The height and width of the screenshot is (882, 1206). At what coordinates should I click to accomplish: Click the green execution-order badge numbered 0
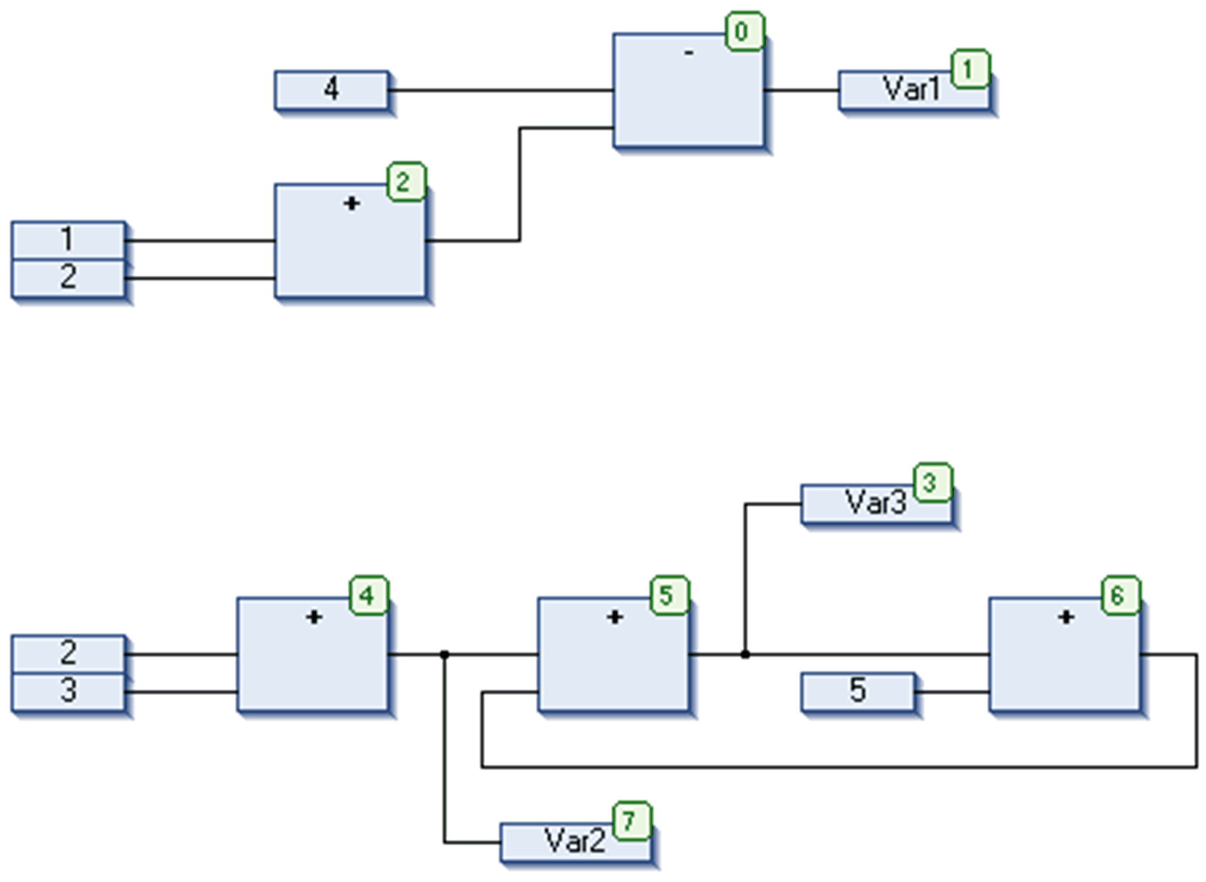point(745,31)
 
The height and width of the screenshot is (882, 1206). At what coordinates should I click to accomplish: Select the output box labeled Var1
point(914,91)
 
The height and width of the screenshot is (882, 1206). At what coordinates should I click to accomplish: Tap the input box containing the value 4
point(332,90)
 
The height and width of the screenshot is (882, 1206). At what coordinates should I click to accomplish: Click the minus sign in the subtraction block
point(688,53)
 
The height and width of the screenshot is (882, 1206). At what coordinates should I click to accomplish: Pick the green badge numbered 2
point(406,182)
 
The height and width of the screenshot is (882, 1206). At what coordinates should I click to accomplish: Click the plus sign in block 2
point(351,203)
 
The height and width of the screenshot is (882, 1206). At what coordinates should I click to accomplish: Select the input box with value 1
point(69,240)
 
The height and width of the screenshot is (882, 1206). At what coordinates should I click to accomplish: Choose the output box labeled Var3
point(877,503)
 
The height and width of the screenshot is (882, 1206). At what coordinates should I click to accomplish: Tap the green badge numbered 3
point(933,483)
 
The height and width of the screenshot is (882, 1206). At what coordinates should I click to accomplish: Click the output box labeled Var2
point(575,842)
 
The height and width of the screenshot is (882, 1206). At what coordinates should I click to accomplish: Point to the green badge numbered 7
point(632,821)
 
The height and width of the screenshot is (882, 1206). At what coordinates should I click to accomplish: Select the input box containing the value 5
point(858,691)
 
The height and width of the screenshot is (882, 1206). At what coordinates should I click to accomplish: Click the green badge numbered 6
point(1120,596)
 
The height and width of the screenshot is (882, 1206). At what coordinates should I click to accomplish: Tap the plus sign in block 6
point(1066,618)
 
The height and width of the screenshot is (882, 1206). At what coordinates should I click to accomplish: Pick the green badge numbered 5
point(670,596)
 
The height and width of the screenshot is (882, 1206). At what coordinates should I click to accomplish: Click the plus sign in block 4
point(313,618)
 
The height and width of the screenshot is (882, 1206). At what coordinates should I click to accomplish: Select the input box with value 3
point(69,692)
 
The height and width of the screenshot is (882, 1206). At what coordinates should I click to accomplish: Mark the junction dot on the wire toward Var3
point(745,654)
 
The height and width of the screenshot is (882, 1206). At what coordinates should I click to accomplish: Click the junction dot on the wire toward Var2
point(444,654)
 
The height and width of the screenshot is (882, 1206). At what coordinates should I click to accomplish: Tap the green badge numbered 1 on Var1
point(971,69)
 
